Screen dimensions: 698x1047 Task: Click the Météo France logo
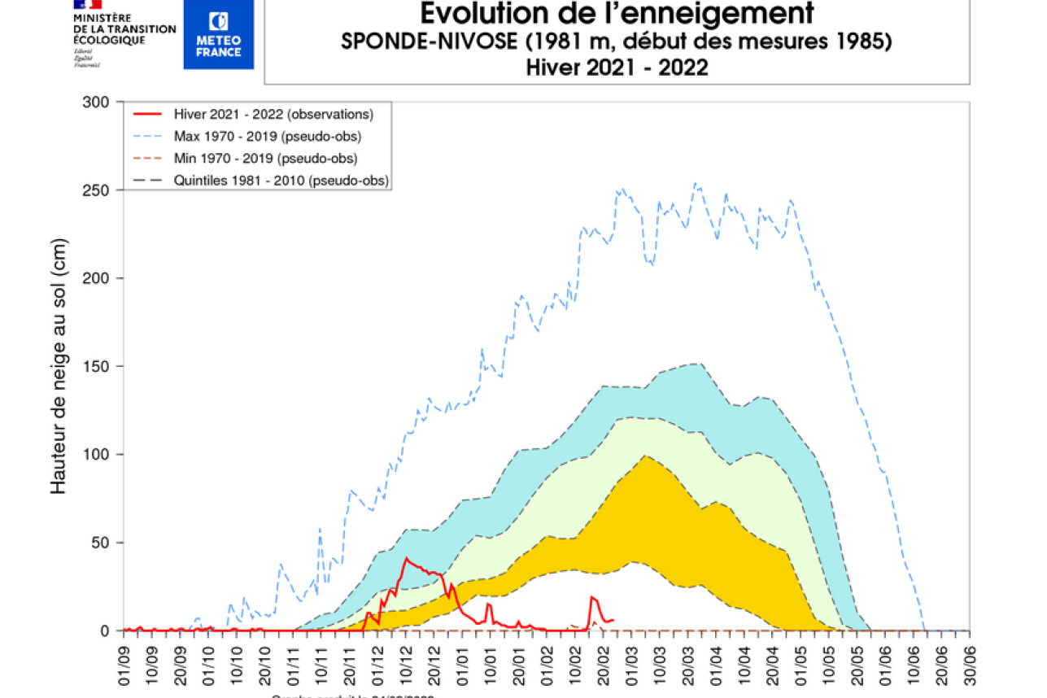218,34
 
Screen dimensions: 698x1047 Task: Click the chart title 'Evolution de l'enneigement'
617,14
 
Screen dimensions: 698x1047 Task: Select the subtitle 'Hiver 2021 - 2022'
617,68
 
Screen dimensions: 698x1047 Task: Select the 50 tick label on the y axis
100,543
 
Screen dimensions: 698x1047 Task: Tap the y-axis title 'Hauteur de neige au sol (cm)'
59,366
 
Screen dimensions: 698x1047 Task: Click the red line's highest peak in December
406,558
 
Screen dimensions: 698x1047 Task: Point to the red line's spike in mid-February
592,598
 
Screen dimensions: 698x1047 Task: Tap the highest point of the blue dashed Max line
694,184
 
